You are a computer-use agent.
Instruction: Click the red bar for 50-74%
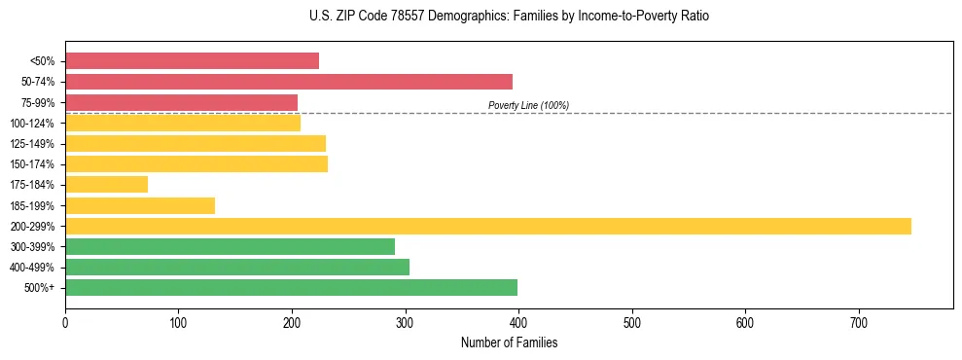pos(289,82)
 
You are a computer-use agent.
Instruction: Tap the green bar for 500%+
pos(291,287)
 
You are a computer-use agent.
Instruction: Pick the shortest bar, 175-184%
pos(107,184)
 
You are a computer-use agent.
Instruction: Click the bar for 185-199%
pos(140,205)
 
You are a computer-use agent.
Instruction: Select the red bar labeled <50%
pos(192,60)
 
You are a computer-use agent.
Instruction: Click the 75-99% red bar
pos(181,102)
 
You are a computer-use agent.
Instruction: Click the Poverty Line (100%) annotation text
pos(528,105)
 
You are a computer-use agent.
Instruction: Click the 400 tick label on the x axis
pos(518,323)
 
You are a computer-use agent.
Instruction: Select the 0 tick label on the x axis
pos(65,323)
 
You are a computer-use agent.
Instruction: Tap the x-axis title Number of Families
pos(509,343)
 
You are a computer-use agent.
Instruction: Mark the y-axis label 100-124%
pos(32,123)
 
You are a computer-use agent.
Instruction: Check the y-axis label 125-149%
pos(32,144)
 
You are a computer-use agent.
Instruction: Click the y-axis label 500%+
pos(39,287)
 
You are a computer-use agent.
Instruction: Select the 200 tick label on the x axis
pos(292,323)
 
